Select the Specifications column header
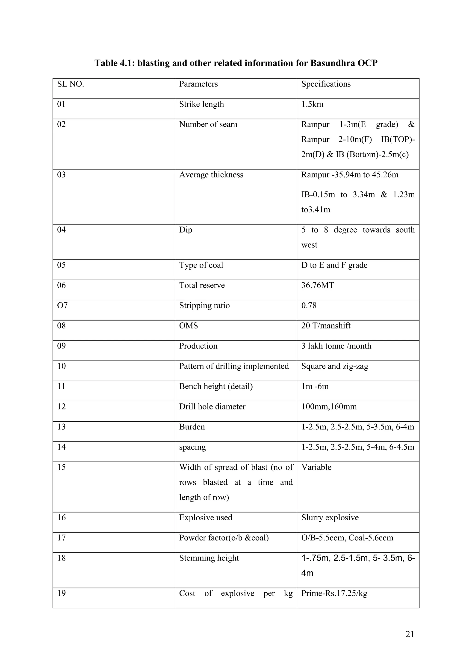[326, 84]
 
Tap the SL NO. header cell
[71, 84]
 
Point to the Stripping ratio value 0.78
[309, 305]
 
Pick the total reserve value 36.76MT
[317, 285]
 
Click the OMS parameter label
[188, 325]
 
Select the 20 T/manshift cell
[326, 325]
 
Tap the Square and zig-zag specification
[335, 366]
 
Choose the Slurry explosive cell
[330, 518]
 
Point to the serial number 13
[61, 427]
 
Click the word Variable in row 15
[316, 467]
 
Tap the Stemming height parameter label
[209, 558]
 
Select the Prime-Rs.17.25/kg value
[334, 593]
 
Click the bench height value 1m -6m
[315, 386]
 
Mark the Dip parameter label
[186, 230]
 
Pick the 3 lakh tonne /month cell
[336, 346]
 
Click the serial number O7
[62, 305]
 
